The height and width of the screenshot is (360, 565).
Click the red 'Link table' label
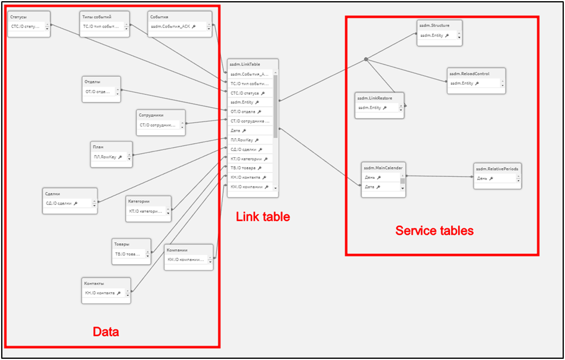pyautogui.click(x=263, y=217)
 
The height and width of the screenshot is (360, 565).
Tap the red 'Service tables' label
pyautogui.click(x=434, y=230)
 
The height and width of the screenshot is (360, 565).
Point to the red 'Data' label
pyautogui.click(x=105, y=332)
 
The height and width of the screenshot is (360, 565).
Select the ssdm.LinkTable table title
pyautogui.click(x=245, y=64)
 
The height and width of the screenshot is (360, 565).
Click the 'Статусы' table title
pyautogui.click(x=18, y=17)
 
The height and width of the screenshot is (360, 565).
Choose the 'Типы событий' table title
pyautogui.click(x=97, y=17)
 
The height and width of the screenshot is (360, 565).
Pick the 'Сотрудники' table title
pyautogui.click(x=151, y=115)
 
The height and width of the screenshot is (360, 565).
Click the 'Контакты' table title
pyautogui.click(x=95, y=283)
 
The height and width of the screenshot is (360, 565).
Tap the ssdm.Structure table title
pyautogui.click(x=434, y=25)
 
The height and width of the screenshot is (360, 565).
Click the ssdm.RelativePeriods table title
pyautogui.click(x=497, y=169)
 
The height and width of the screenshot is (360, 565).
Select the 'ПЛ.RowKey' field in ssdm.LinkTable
pyautogui.click(x=241, y=139)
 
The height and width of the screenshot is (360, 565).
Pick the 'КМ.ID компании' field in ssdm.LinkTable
pyautogui.click(x=246, y=187)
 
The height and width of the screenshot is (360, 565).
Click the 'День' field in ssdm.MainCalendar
pyautogui.click(x=370, y=177)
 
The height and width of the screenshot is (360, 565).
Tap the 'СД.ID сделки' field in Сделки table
pyautogui.click(x=59, y=203)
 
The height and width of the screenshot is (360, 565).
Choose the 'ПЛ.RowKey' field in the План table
pyautogui.click(x=104, y=157)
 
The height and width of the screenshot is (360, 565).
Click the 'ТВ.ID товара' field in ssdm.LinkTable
pyautogui.click(x=243, y=168)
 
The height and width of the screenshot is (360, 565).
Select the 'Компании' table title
pyautogui.click(x=178, y=250)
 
